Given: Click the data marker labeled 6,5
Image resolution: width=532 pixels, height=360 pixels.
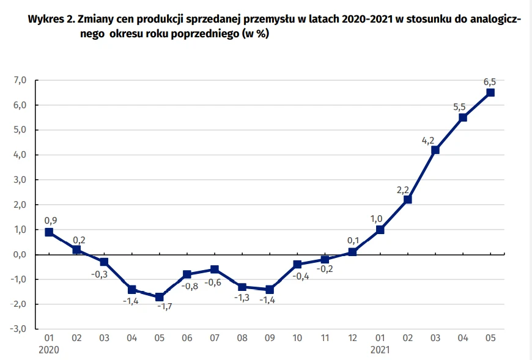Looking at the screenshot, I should (490, 93).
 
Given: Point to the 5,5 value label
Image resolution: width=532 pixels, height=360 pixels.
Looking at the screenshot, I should (460, 106).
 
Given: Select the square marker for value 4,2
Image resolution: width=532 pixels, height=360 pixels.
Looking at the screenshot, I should (435, 150).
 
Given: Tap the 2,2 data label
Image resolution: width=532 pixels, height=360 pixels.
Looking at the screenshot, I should (403, 189).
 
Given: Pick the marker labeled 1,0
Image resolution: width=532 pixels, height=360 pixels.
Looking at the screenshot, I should (380, 230).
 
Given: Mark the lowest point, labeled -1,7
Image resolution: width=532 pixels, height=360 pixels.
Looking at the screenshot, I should (159, 297).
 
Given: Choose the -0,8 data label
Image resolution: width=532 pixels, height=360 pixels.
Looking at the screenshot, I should (191, 286).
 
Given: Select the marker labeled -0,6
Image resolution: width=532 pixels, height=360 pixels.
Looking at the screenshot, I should (214, 270).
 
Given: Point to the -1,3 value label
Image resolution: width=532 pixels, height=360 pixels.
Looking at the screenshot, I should (242, 298).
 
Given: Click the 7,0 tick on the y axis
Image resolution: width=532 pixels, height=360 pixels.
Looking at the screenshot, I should (21, 81).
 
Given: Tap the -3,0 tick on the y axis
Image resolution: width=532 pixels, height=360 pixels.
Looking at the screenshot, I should (20, 329).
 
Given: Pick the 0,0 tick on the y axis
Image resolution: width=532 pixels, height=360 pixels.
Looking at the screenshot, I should (21, 254).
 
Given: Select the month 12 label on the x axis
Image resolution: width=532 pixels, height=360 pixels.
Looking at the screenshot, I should (352, 337).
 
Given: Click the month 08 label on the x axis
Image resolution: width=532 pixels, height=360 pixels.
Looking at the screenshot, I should (242, 337).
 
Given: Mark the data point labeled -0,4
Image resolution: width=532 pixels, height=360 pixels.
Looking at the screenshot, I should (297, 265).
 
